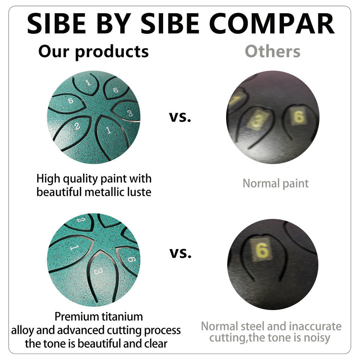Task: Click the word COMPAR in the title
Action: tap(271, 23)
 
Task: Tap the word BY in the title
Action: tap(114, 23)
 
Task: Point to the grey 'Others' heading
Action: tap(273, 51)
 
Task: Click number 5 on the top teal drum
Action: tap(71, 100)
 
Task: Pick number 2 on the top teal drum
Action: tap(77, 126)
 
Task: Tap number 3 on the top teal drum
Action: tap(130, 113)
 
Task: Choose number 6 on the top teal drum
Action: tap(116, 90)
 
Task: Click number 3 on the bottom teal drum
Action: tap(97, 271)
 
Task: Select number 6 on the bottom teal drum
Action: tap(132, 259)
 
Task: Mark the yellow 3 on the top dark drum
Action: tap(257, 119)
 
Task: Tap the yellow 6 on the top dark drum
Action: tap(299, 116)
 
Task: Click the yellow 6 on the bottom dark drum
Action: tap(262, 250)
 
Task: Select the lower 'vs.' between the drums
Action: tap(180, 253)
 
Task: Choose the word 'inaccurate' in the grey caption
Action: tap(315, 326)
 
